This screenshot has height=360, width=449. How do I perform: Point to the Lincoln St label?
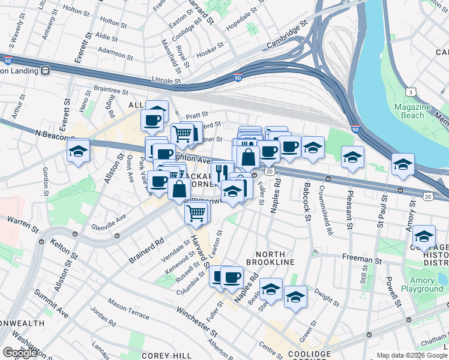(x=166, y=80)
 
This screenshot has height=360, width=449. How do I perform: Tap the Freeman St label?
(x=359, y=259)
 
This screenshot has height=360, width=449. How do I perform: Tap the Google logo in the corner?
(x=20, y=353)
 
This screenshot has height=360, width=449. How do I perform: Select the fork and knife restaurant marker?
(x=223, y=172)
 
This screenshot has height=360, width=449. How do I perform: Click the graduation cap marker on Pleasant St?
(x=352, y=157)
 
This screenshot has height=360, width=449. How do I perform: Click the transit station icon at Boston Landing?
(x=45, y=70)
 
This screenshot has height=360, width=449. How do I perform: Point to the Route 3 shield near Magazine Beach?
(x=410, y=91)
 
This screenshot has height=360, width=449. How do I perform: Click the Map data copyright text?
(x=412, y=355)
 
